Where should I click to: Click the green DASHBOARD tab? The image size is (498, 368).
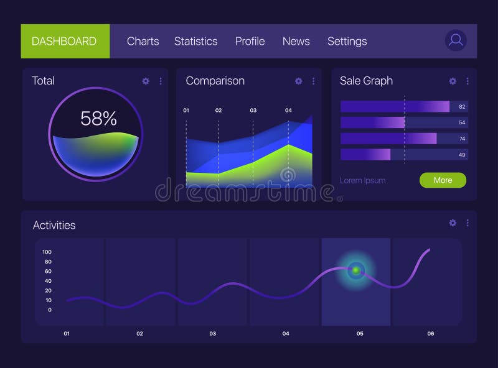tap(65, 41)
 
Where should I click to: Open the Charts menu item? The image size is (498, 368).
tap(143, 41)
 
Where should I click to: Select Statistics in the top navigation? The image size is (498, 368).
tap(195, 41)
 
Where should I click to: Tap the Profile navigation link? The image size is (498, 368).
tap(250, 41)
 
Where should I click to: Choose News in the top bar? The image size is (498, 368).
tap(296, 41)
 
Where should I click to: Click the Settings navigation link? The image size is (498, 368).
tap(347, 41)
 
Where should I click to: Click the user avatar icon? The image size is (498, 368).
tap(456, 40)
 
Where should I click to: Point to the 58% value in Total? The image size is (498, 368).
tap(98, 118)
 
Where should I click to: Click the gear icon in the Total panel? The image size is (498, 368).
tap(146, 81)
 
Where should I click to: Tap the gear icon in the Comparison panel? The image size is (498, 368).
tap(298, 81)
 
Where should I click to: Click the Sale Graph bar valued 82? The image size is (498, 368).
tap(395, 106)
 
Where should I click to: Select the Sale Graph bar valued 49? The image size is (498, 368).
tap(365, 154)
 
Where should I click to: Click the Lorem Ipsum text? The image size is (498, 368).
tap(362, 180)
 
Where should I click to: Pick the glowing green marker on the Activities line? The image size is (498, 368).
tap(356, 270)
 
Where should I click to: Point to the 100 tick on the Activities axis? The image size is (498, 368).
tap(47, 252)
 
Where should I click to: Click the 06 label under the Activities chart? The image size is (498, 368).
tap(431, 334)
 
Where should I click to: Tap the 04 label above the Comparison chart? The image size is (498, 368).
tap(288, 110)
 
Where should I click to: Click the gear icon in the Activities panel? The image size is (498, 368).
tap(453, 223)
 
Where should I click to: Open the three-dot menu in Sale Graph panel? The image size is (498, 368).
tap(467, 81)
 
